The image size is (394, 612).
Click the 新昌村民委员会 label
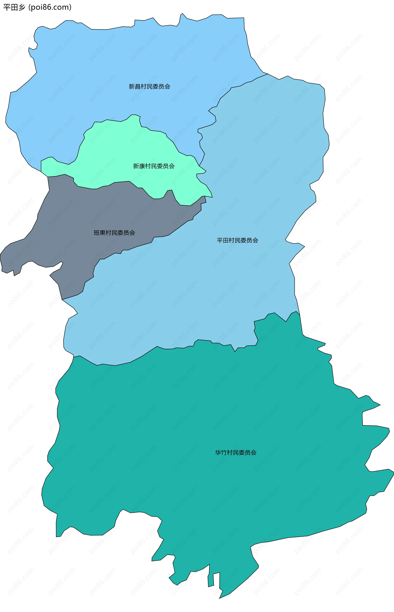[149, 87]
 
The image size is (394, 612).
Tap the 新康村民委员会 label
[154, 166]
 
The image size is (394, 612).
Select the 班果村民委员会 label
[114, 233]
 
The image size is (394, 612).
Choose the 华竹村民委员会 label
[236, 453]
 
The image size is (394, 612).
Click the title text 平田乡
[14, 7]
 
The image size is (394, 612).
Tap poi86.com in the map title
[50, 7]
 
